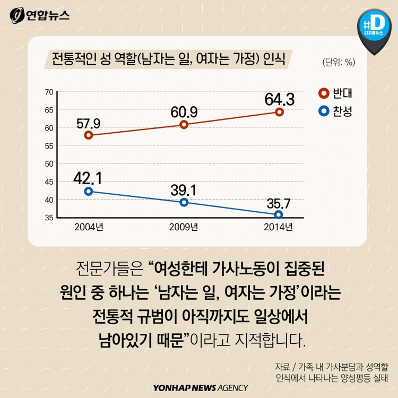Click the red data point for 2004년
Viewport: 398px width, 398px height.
click(89, 135)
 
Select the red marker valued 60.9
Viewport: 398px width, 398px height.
click(184, 125)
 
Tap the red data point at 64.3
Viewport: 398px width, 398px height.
click(279, 112)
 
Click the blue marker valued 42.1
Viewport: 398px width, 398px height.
click(89, 192)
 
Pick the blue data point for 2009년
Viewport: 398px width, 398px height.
click(184, 202)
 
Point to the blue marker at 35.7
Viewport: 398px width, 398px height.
click(279, 215)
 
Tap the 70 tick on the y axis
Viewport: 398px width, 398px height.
click(49, 92)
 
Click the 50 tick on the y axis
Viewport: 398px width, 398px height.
click(49, 164)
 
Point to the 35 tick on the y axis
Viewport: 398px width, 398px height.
click(49, 218)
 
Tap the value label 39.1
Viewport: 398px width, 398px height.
click(184, 190)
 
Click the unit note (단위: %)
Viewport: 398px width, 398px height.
click(338, 62)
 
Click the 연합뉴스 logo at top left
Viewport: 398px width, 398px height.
click(40, 15)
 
